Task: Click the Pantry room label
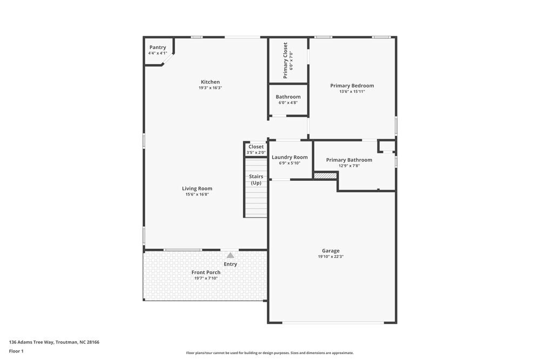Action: (x=158, y=47)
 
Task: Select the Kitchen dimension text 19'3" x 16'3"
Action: (x=211, y=88)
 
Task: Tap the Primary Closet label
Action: (x=286, y=60)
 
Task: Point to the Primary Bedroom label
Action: (x=352, y=86)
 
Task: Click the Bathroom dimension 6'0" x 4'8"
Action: (x=288, y=103)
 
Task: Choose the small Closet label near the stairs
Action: (x=256, y=147)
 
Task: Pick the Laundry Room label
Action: (x=290, y=158)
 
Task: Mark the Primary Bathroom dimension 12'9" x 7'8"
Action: (x=349, y=166)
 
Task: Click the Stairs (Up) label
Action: (x=256, y=180)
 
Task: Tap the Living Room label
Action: (x=197, y=189)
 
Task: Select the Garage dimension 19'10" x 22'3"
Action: (x=331, y=257)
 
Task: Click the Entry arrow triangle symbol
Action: (x=231, y=255)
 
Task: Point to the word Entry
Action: (x=231, y=264)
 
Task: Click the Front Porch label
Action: (x=206, y=273)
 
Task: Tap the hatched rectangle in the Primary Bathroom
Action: (x=326, y=175)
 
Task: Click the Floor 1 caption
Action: (x=16, y=351)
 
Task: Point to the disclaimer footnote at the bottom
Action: (x=270, y=353)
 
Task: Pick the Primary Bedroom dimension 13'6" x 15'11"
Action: (x=352, y=92)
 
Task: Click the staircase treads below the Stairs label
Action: (x=256, y=202)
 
